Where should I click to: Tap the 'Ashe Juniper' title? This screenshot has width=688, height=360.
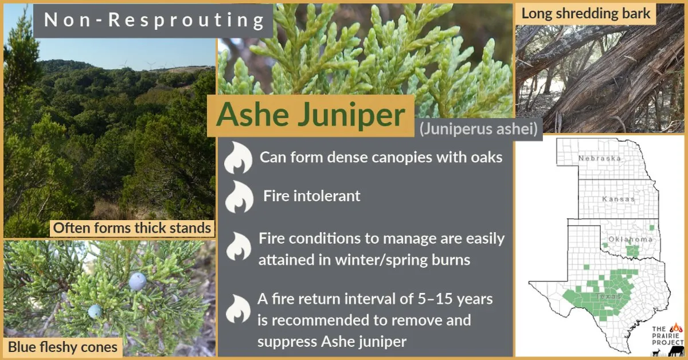310,115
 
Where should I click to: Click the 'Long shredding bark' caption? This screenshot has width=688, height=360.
586,14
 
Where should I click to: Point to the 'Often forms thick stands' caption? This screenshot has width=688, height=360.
132,228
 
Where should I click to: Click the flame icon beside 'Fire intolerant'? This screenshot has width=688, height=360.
239,197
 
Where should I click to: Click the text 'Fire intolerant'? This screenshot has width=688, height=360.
312,196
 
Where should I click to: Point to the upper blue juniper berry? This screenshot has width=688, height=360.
137,281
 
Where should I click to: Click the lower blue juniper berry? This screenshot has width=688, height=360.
95,311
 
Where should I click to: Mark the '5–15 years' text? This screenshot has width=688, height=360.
453,299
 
